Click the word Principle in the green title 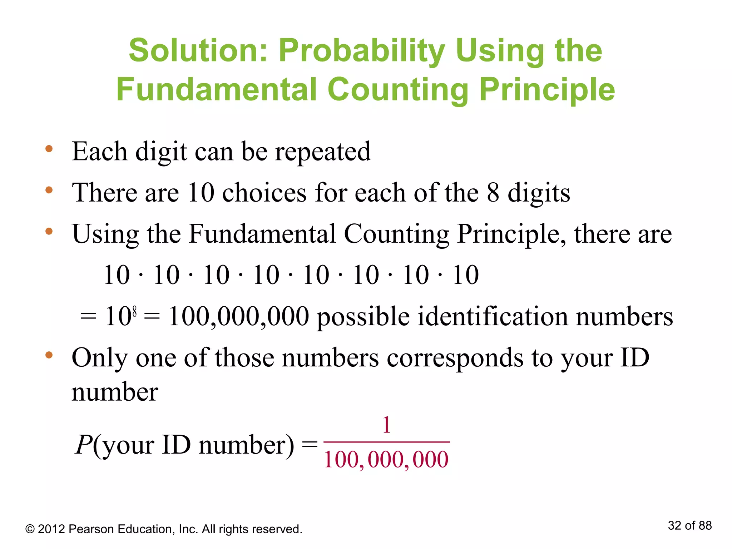(x=547, y=90)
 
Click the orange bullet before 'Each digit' (x=49, y=149)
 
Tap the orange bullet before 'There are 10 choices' (x=49, y=190)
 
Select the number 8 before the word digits (x=493, y=193)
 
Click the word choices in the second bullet (x=264, y=193)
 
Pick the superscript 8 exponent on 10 (x=134, y=312)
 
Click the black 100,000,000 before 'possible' (x=238, y=317)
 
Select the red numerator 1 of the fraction (x=386, y=425)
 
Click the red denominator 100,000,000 (x=386, y=460)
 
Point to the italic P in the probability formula (x=84, y=445)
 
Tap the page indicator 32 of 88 (x=689, y=525)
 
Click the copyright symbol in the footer (x=30, y=529)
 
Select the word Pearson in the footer (x=91, y=529)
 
